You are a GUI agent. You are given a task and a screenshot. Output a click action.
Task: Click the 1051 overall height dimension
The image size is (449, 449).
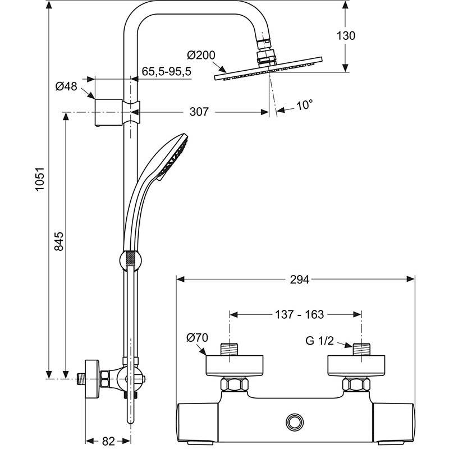tap(39, 179)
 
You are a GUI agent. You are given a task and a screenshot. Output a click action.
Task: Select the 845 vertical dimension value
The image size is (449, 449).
tap(59, 241)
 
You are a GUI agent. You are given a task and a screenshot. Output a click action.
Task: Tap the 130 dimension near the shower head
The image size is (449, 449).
tap(346, 36)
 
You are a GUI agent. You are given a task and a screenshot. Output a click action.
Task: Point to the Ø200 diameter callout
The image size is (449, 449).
tap(201, 55)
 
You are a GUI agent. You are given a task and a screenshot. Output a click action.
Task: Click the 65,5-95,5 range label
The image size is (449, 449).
tap(166, 71)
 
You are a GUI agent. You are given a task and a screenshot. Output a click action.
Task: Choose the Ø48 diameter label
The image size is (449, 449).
tap(66, 86)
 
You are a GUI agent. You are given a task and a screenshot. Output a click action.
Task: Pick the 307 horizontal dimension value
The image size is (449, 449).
tap(199, 112)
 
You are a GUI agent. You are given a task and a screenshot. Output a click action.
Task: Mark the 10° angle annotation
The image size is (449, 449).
tap(304, 105)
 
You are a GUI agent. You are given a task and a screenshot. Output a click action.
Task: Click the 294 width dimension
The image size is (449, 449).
tap(300, 280)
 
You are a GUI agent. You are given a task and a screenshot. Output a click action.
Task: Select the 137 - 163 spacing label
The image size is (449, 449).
tap(299, 314)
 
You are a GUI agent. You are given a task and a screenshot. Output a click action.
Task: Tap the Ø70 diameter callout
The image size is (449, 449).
tap(197, 338)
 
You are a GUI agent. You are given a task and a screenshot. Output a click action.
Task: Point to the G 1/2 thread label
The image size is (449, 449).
tap(319, 341)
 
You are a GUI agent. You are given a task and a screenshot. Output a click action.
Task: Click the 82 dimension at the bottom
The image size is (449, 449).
tap(108, 441)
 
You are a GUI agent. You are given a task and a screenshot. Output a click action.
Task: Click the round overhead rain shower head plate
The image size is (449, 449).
tap(268, 68)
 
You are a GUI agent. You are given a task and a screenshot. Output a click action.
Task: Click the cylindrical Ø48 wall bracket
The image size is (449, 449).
tap(108, 112)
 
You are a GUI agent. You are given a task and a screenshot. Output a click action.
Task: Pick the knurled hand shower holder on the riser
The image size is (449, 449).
tap(131, 260)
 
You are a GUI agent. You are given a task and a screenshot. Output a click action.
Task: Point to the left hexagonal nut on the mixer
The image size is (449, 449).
tap(235, 384)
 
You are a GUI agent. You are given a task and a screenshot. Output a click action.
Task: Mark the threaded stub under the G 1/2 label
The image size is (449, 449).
tap(361, 349)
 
